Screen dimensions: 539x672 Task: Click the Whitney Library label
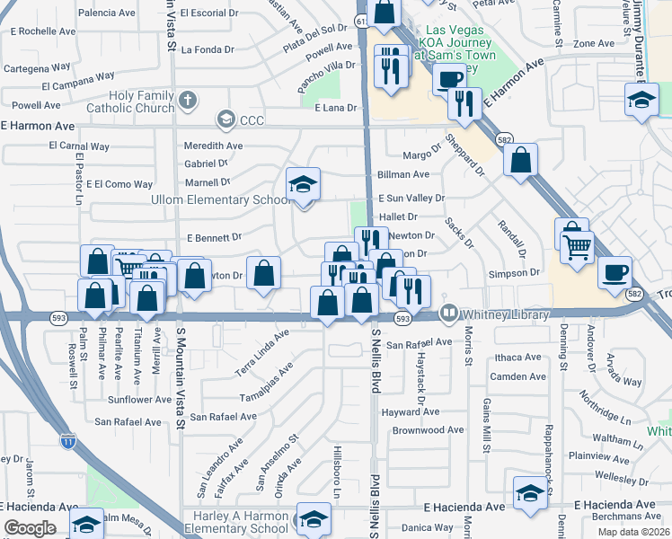(x=505, y=314)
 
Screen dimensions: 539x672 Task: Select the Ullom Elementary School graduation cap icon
(x=304, y=186)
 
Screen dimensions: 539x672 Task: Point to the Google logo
(x=30, y=527)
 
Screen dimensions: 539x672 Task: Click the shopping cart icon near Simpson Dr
(x=577, y=245)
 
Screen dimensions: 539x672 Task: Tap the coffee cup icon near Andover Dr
(x=615, y=272)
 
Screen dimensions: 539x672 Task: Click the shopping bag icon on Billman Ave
(x=521, y=161)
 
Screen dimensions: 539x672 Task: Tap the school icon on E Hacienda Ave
(x=530, y=493)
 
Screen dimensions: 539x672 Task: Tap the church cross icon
(x=186, y=100)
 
